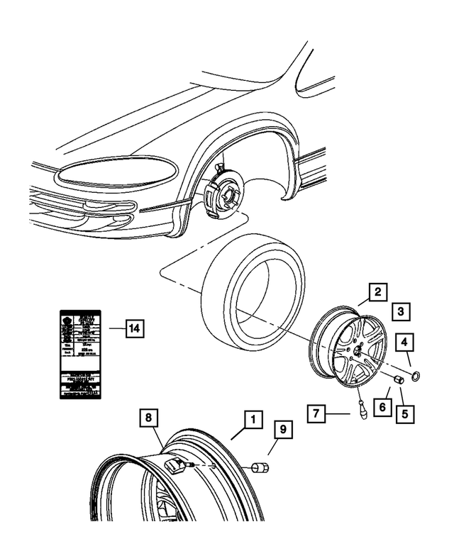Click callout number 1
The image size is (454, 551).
(250, 420)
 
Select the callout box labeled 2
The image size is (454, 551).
(377, 291)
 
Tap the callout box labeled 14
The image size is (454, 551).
(134, 328)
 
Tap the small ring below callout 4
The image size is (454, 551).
(416, 375)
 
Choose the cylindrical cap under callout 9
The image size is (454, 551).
(258, 469)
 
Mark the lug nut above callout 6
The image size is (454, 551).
(399, 382)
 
